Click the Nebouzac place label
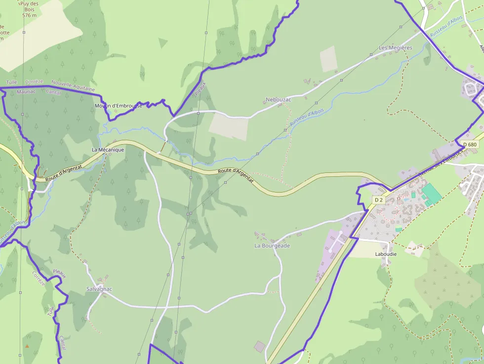(279, 100)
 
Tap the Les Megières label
(395, 48)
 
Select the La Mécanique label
(108, 150)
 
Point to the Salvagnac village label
(99, 289)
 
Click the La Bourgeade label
(272, 246)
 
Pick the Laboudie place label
(386, 254)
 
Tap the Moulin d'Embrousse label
(118, 106)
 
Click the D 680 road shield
(470, 145)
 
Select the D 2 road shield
(379, 200)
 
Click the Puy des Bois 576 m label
(29, 9)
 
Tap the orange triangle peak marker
(27, 346)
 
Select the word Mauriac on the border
(26, 92)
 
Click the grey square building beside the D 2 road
(260, 347)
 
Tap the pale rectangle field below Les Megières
(328, 59)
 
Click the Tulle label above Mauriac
(12, 82)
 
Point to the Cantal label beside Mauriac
(53, 92)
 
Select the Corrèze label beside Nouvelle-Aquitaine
(34, 81)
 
